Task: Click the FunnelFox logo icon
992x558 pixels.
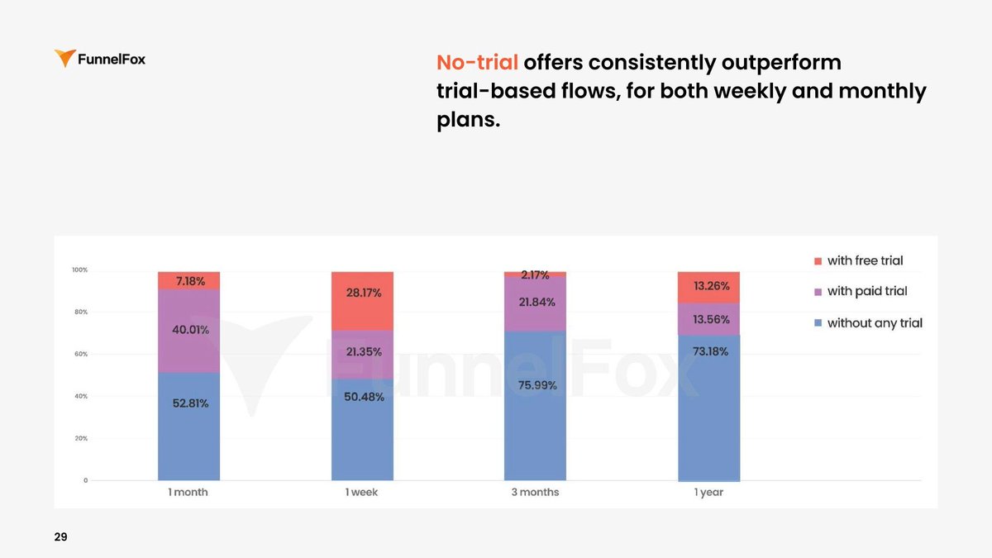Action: (64, 59)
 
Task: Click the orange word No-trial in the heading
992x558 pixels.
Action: (477, 63)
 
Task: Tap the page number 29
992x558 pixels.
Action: (60, 537)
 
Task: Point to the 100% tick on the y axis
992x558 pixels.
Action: (79, 270)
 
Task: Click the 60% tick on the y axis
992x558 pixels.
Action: (80, 354)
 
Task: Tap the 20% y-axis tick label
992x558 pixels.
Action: (80, 438)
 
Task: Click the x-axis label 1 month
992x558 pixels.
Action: (188, 493)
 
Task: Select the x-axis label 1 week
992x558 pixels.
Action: (362, 493)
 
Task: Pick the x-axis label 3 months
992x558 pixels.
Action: (535, 493)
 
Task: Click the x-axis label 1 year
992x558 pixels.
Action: (708, 493)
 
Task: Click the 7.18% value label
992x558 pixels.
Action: (191, 281)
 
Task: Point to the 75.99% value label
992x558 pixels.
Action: (537, 385)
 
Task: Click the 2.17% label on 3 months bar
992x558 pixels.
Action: (535, 274)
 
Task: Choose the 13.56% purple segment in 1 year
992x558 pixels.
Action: (710, 319)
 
